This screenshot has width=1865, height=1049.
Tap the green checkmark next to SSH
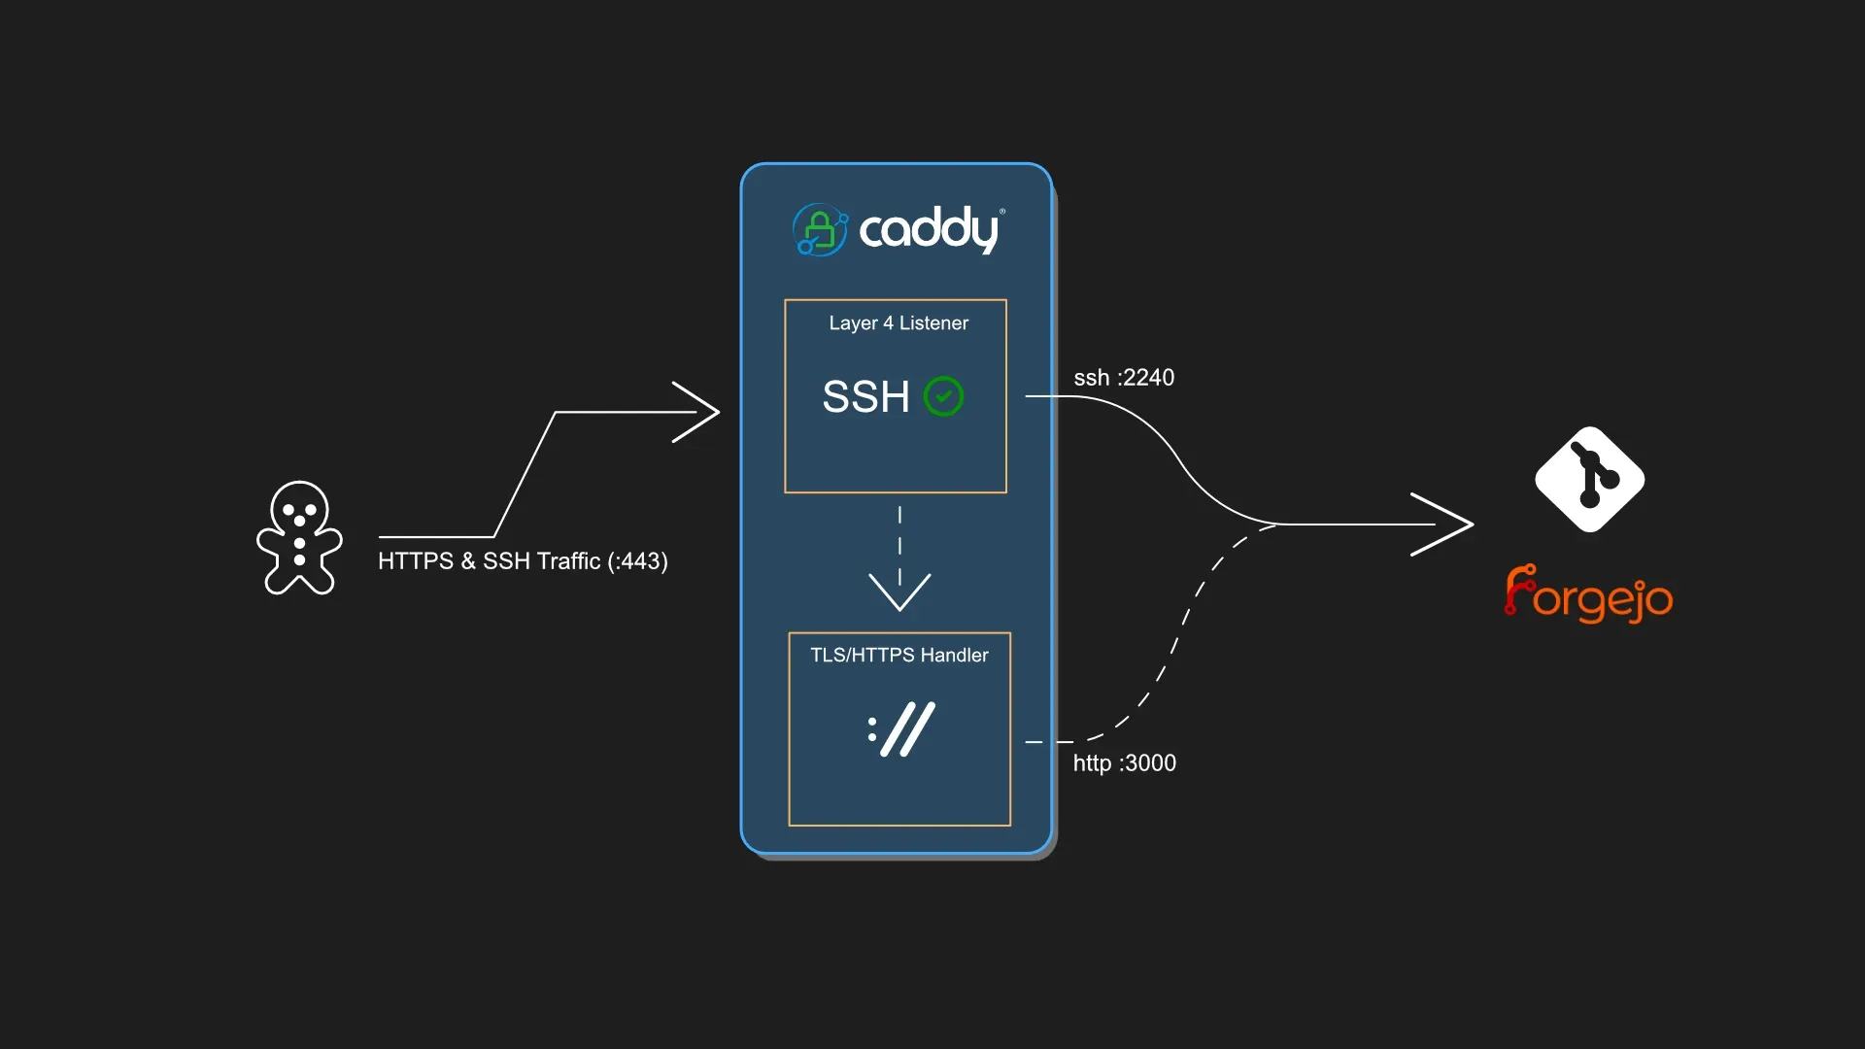(943, 396)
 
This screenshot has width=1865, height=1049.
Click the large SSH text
(865, 396)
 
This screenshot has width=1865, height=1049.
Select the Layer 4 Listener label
(899, 323)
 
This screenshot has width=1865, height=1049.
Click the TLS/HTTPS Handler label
(899, 656)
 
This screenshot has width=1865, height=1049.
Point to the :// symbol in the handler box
(901, 729)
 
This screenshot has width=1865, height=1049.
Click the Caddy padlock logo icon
(820, 230)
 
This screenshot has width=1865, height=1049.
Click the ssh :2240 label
(1124, 378)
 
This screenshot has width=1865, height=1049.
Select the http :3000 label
(1124, 763)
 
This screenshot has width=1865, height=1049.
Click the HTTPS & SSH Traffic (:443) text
(523, 561)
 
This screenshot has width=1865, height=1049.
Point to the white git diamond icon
(1589, 480)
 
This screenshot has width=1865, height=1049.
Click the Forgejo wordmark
(1589, 594)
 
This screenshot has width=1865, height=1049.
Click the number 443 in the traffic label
(641, 561)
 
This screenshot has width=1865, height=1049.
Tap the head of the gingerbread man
(299, 506)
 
